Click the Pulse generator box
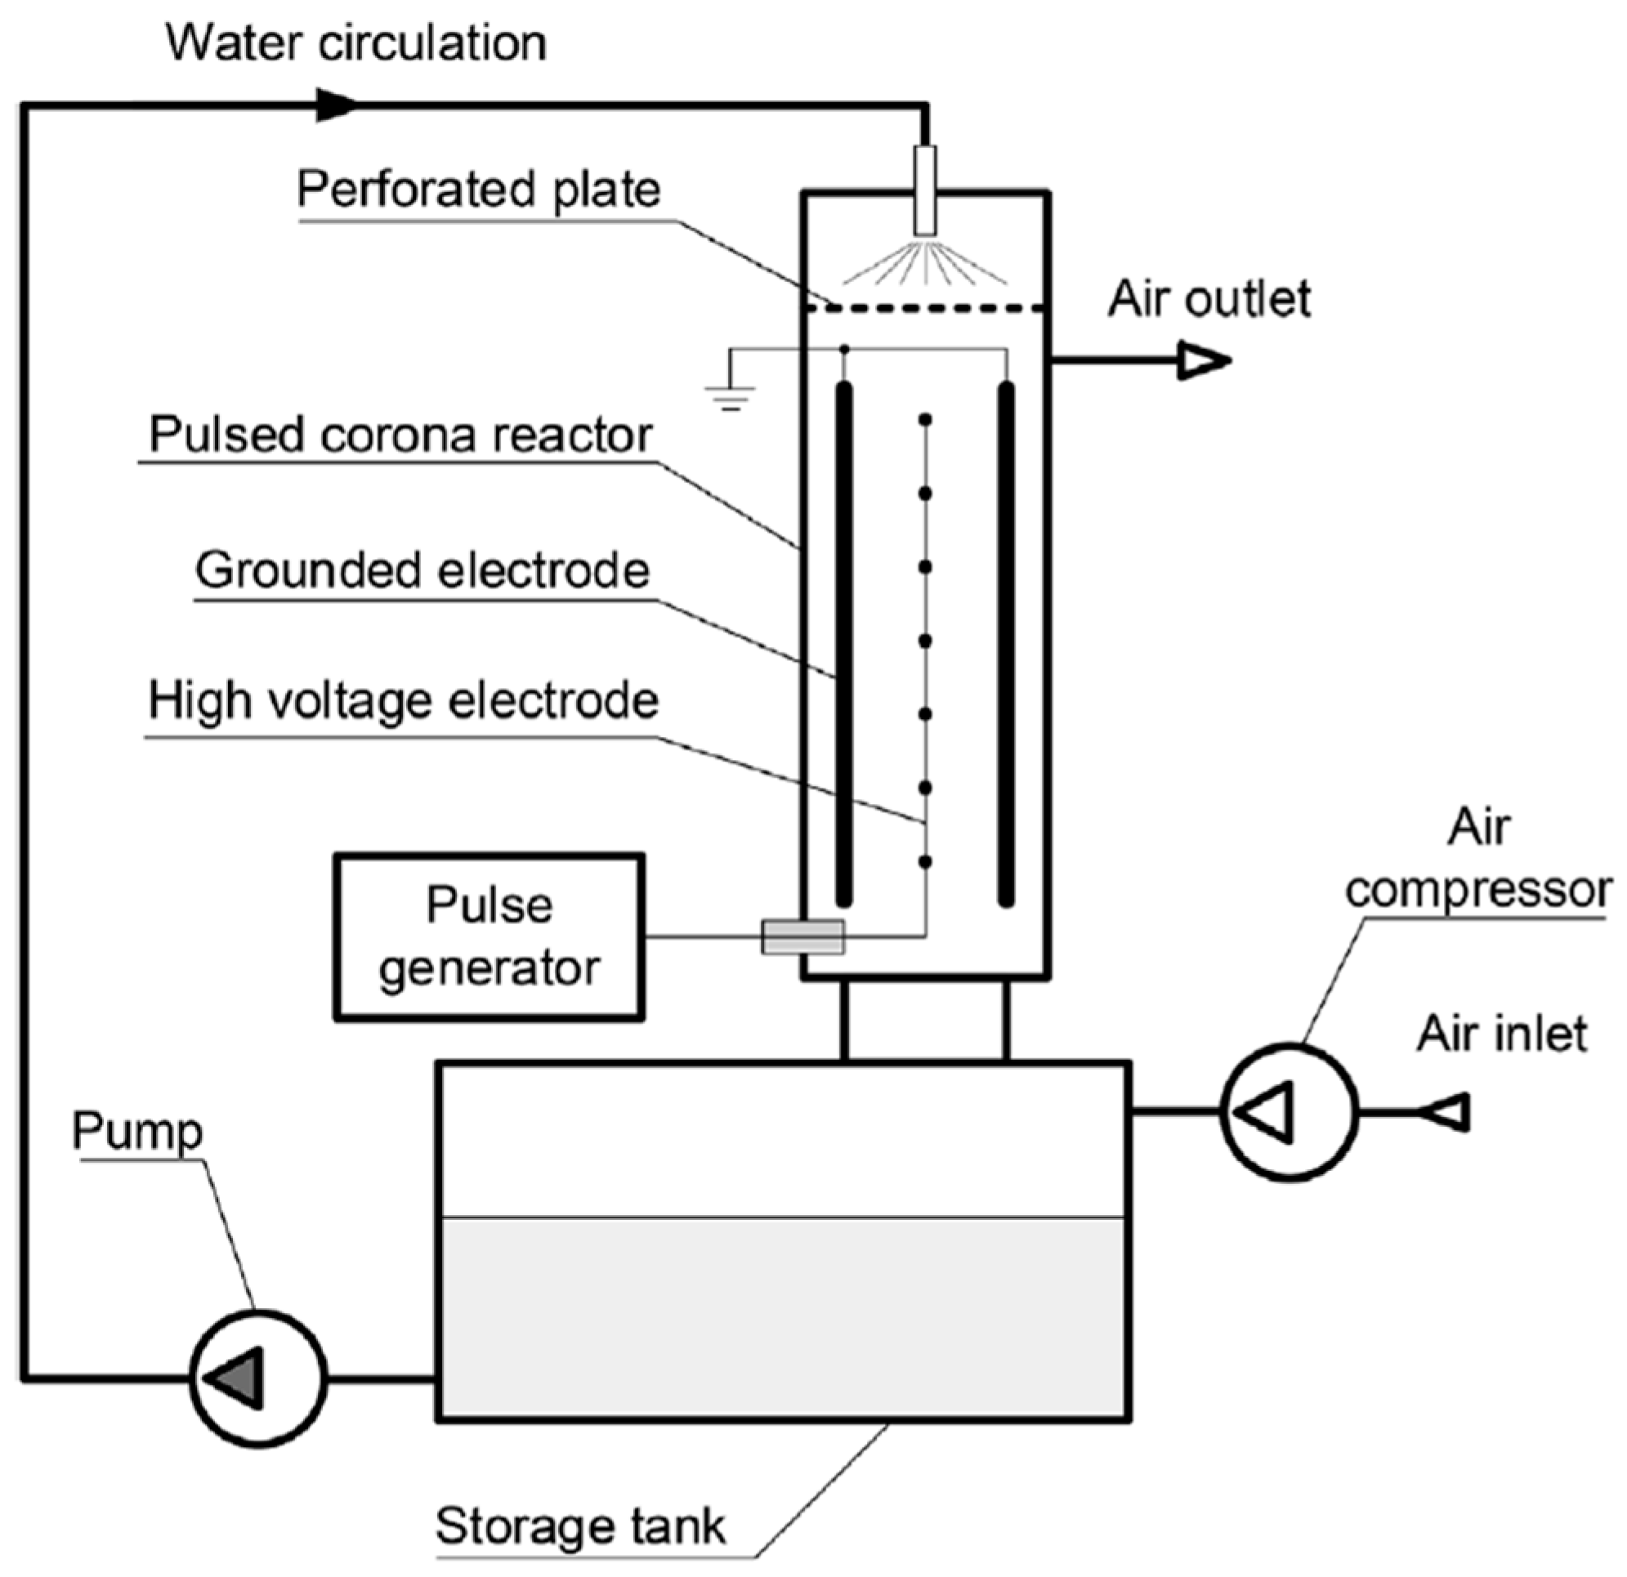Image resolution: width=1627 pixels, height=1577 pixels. pos(489,936)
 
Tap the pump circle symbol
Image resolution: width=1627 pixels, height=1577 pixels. pos(258,1379)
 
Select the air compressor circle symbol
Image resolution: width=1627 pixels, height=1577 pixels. pos(1290,1111)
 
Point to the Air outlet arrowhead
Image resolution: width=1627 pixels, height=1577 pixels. pos(1203,361)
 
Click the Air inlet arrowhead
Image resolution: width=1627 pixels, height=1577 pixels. pos(1449,1111)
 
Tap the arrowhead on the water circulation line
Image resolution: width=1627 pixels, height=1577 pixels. pos(336,105)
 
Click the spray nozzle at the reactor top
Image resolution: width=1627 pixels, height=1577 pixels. pos(925,191)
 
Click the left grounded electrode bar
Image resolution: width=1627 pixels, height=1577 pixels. pos(844,643)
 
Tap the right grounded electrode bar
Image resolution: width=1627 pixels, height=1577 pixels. pos(1005,643)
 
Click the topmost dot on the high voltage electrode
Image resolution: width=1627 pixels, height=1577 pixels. pos(925,420)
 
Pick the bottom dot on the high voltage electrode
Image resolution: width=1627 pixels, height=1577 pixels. pos(925,862)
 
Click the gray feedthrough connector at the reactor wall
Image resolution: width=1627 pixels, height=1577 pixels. pos(802,937)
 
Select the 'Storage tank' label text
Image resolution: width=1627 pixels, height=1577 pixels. pos(580,1525)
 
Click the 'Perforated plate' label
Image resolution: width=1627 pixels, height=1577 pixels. pos(479,190)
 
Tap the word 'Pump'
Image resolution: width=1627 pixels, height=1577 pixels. pos(138,1131)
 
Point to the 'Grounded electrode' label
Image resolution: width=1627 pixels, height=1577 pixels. pos(422,570)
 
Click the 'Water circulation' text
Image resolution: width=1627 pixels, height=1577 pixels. pos(356,43)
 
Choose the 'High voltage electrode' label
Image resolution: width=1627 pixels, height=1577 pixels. pos(404,701)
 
